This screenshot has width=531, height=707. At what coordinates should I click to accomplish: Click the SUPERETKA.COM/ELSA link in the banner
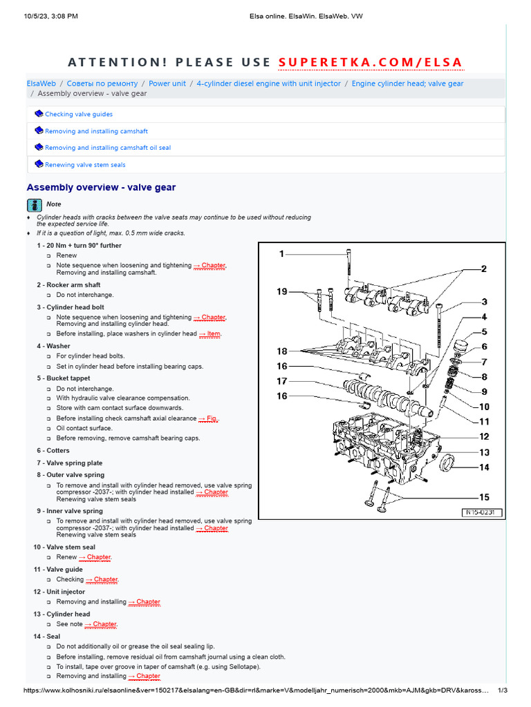click(x=371, y=63)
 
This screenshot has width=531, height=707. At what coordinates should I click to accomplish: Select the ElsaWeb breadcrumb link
click(x=41, y=84)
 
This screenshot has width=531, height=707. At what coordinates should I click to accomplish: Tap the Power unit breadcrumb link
click(x=167, y=84)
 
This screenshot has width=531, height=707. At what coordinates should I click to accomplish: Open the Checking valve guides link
click(x=78, y=115)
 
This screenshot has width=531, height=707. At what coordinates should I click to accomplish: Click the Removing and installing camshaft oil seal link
click(x=107, y=148)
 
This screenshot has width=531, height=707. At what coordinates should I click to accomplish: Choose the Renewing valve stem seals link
click(x=85, y=165)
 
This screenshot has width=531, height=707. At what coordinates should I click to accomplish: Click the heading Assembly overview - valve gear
click(x=101, y=187)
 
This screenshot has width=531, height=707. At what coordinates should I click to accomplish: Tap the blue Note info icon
click(x=34, y=204)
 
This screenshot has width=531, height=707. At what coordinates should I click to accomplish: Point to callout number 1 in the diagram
click(x=281, y=254)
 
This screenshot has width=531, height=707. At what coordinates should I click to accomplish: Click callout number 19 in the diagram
click(x=281, y=292)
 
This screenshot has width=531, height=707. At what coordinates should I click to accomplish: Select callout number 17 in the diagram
click(x=282, y=381)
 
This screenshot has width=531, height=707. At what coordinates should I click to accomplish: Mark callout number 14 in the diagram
click(x=484, y=467)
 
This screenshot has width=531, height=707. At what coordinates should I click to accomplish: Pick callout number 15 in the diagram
click(x=484, y=497)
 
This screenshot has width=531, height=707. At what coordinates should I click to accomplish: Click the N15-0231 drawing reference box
click(x=482, y=513)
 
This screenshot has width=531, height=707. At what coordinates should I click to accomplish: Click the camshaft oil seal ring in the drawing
click(x=448, y=462)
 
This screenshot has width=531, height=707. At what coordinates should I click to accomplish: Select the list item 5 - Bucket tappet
click(x=70, y=378)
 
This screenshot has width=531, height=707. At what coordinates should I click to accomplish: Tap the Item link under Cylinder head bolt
click(x=210, y=334)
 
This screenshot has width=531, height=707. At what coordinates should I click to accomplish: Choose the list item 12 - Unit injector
click(x=62, y=592)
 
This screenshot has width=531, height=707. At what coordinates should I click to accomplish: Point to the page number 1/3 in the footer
click(x=503, y=690)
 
